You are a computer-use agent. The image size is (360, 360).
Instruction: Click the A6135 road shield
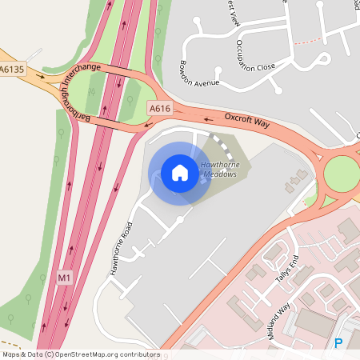13,70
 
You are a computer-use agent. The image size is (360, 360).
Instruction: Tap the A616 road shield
159,107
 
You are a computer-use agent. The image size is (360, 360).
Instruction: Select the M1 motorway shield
65,278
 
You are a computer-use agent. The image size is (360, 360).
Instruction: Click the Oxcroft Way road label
249,122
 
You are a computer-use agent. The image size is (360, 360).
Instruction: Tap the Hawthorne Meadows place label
219,169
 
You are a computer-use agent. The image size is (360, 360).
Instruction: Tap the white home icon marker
179,173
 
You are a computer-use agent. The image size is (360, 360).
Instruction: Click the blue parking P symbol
338,343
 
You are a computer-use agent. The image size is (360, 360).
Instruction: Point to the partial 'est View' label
234,14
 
